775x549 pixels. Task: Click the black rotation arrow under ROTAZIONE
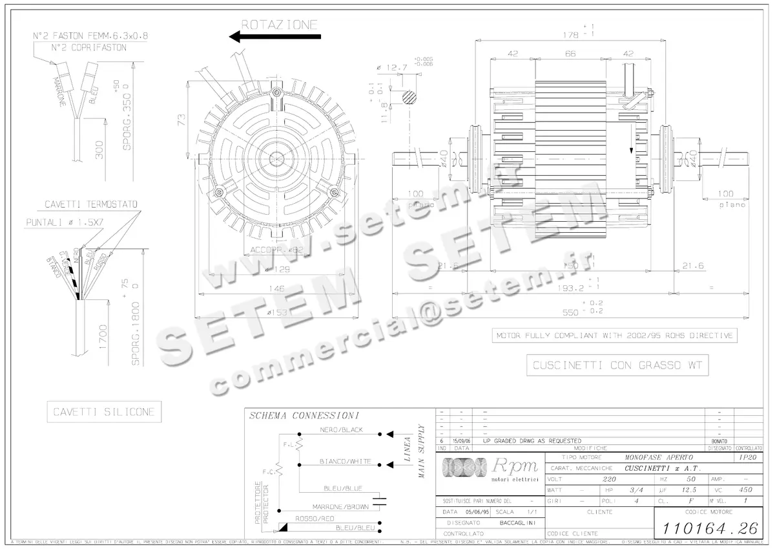click(274, 38)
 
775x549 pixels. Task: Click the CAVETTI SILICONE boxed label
click(105, 412)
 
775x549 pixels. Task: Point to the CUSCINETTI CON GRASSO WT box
click(617, 366)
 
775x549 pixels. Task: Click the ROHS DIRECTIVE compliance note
click(614, 336)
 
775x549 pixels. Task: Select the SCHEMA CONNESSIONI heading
click(304, 416)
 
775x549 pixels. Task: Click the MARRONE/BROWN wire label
click(341, 506)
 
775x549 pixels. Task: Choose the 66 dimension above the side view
click(570, 54)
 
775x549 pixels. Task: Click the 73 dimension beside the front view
click(181, 119)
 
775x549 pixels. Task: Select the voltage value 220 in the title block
click(601, 480)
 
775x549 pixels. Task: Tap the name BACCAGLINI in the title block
click(515, 522)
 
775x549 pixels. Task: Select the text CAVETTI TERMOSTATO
click(91, 204)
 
